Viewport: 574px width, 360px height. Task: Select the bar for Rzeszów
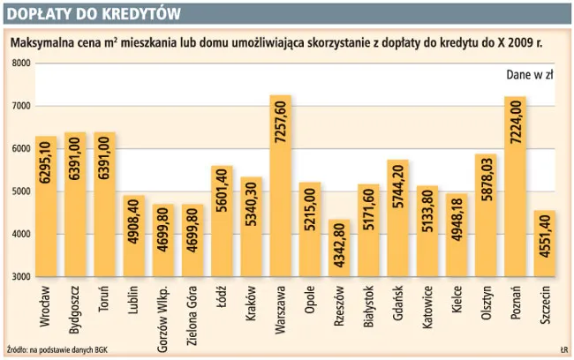(339, 248)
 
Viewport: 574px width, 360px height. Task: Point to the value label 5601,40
(223, 199)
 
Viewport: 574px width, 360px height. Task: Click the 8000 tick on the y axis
(20, 64)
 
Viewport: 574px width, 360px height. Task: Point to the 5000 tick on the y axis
(20, 191)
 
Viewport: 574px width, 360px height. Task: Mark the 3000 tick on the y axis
(20, 277)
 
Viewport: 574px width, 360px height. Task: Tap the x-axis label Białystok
(369, 305)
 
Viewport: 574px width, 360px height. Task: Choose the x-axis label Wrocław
(47, 303)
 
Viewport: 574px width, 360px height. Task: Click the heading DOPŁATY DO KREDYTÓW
(93, 14)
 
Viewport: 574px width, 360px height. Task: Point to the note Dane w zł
(529, 75)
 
